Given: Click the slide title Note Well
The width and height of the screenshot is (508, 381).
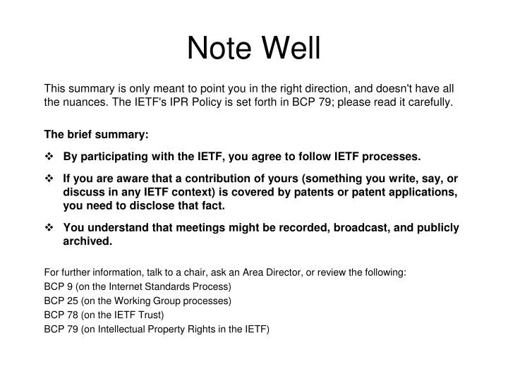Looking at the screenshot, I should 253,48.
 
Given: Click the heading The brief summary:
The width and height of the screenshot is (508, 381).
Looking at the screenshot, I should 97,134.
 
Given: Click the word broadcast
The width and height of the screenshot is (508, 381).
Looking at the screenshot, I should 378,228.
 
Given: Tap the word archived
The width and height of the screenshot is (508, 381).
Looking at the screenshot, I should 87,241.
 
